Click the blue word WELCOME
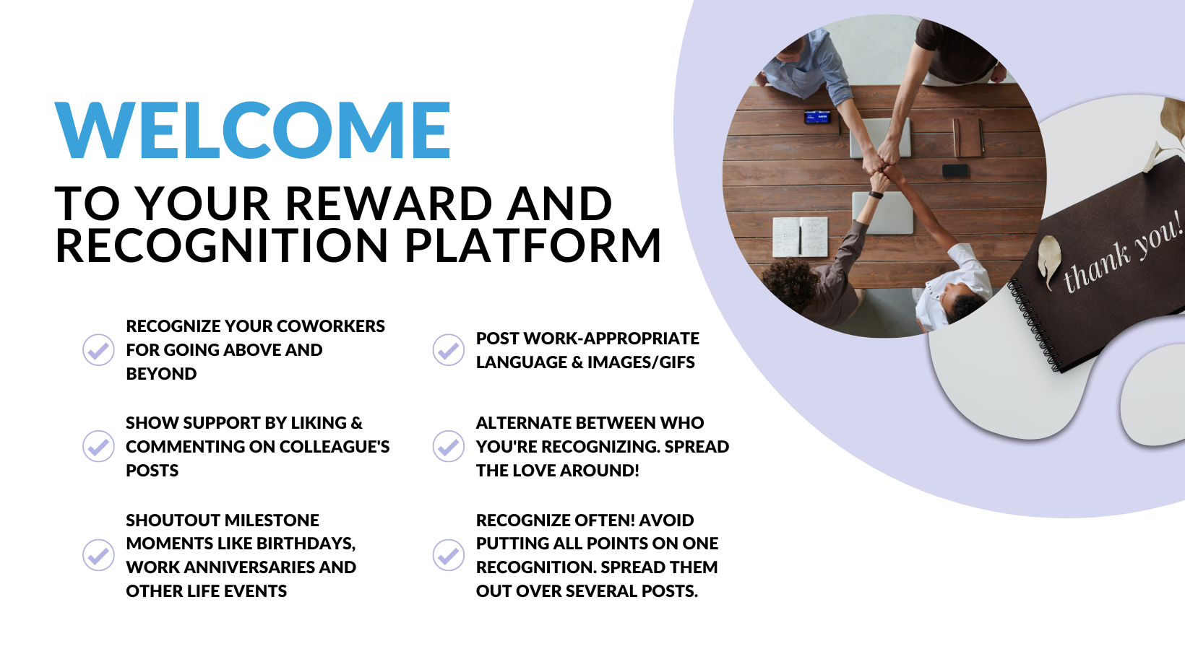[252, 130]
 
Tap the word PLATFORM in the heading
[533, 245]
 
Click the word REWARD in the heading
[389, 204]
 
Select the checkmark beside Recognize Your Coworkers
[98, 350]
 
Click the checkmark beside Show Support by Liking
[98, 447]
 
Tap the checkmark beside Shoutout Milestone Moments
[98, 555]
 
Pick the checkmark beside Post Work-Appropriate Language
[449, 350]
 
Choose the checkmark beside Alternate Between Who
[449, 447]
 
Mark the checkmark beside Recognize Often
[449, 555]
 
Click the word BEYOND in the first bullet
[161, 374]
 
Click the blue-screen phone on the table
[817, 117]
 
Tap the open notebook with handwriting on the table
[800, 237]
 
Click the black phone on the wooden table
[955, 170]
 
